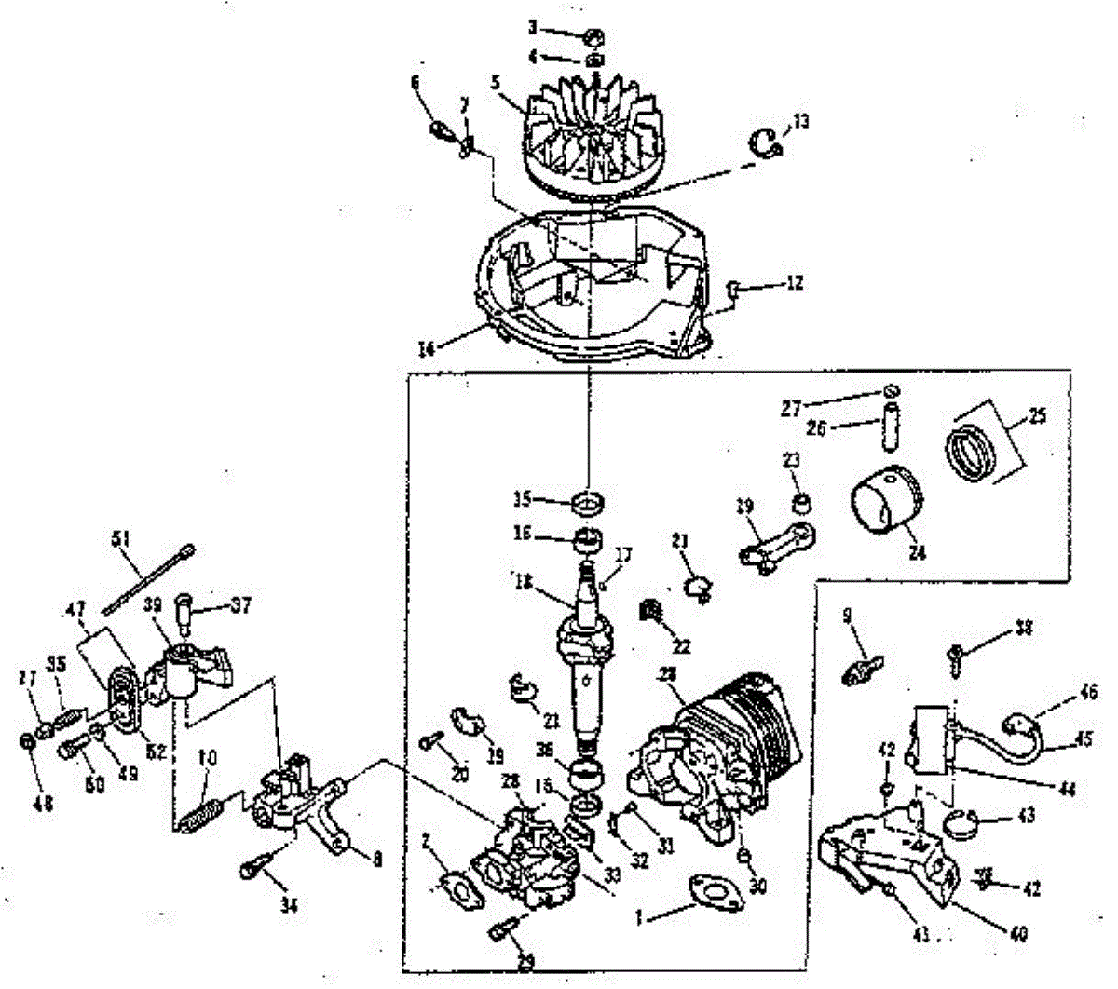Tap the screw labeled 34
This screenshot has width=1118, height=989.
coord(256,860)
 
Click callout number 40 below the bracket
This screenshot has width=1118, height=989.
coord(1018,933)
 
